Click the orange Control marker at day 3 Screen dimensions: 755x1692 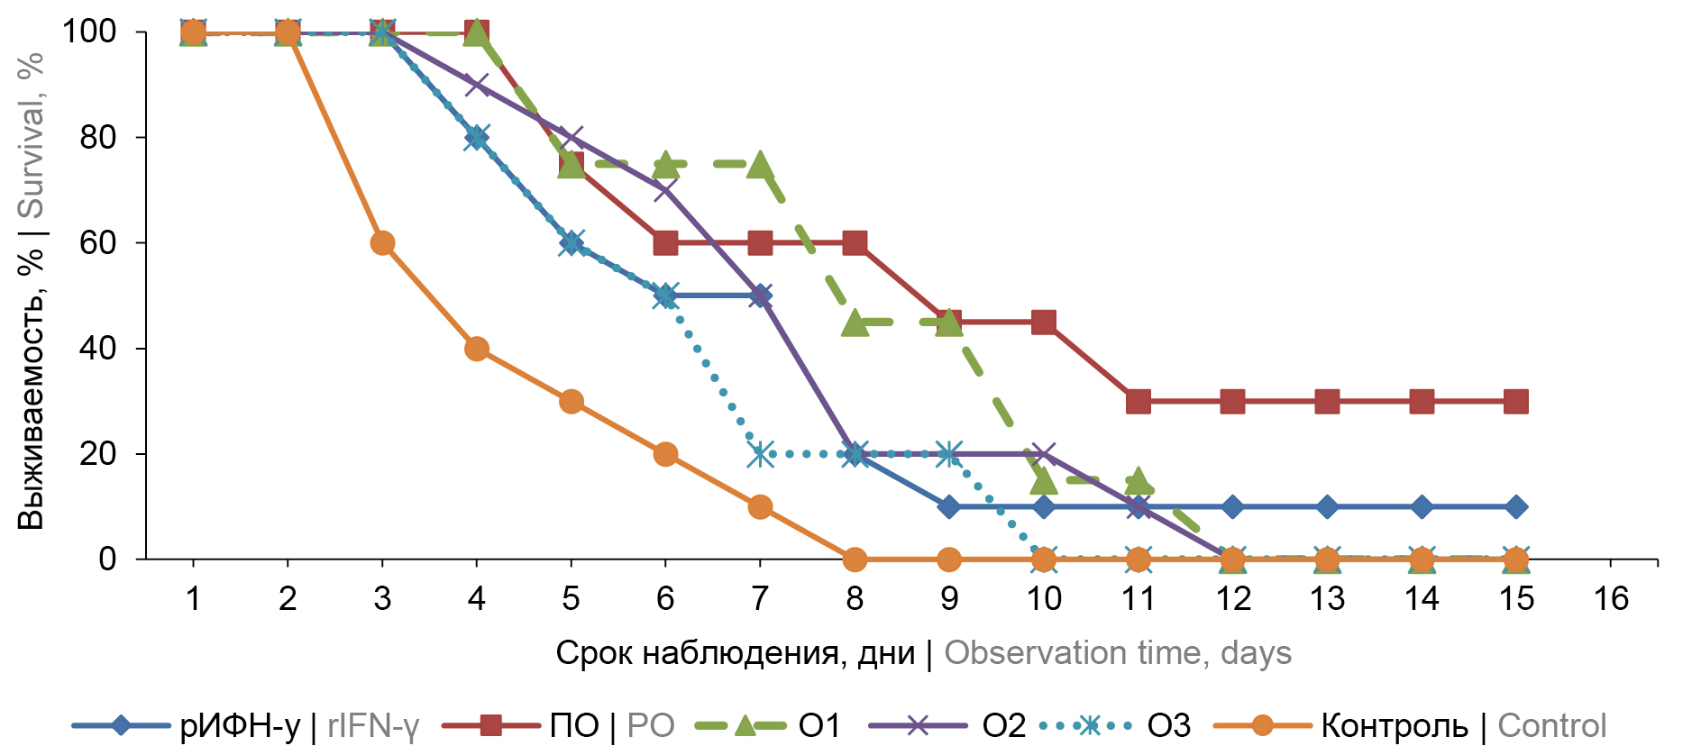(382, 243)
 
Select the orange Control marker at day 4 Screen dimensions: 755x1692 (477, 349)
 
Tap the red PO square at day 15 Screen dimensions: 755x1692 (1516, 401)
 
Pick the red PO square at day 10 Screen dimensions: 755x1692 (1044, 322)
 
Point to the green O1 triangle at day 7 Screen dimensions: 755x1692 (760, 164)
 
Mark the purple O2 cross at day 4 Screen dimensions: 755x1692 (477, 85)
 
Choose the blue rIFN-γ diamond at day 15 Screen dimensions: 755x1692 (1516, 506)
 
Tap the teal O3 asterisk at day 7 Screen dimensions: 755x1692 (760, 454)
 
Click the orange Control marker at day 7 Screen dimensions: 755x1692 (760, 506)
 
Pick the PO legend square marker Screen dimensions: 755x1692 (490, 725)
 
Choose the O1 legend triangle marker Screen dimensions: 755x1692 (745, 725)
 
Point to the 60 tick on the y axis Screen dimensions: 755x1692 (97, 243)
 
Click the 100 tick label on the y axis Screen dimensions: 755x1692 (88, 32)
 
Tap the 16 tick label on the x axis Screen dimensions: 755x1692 (1611, 598)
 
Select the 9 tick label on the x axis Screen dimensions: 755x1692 (949, 598)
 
